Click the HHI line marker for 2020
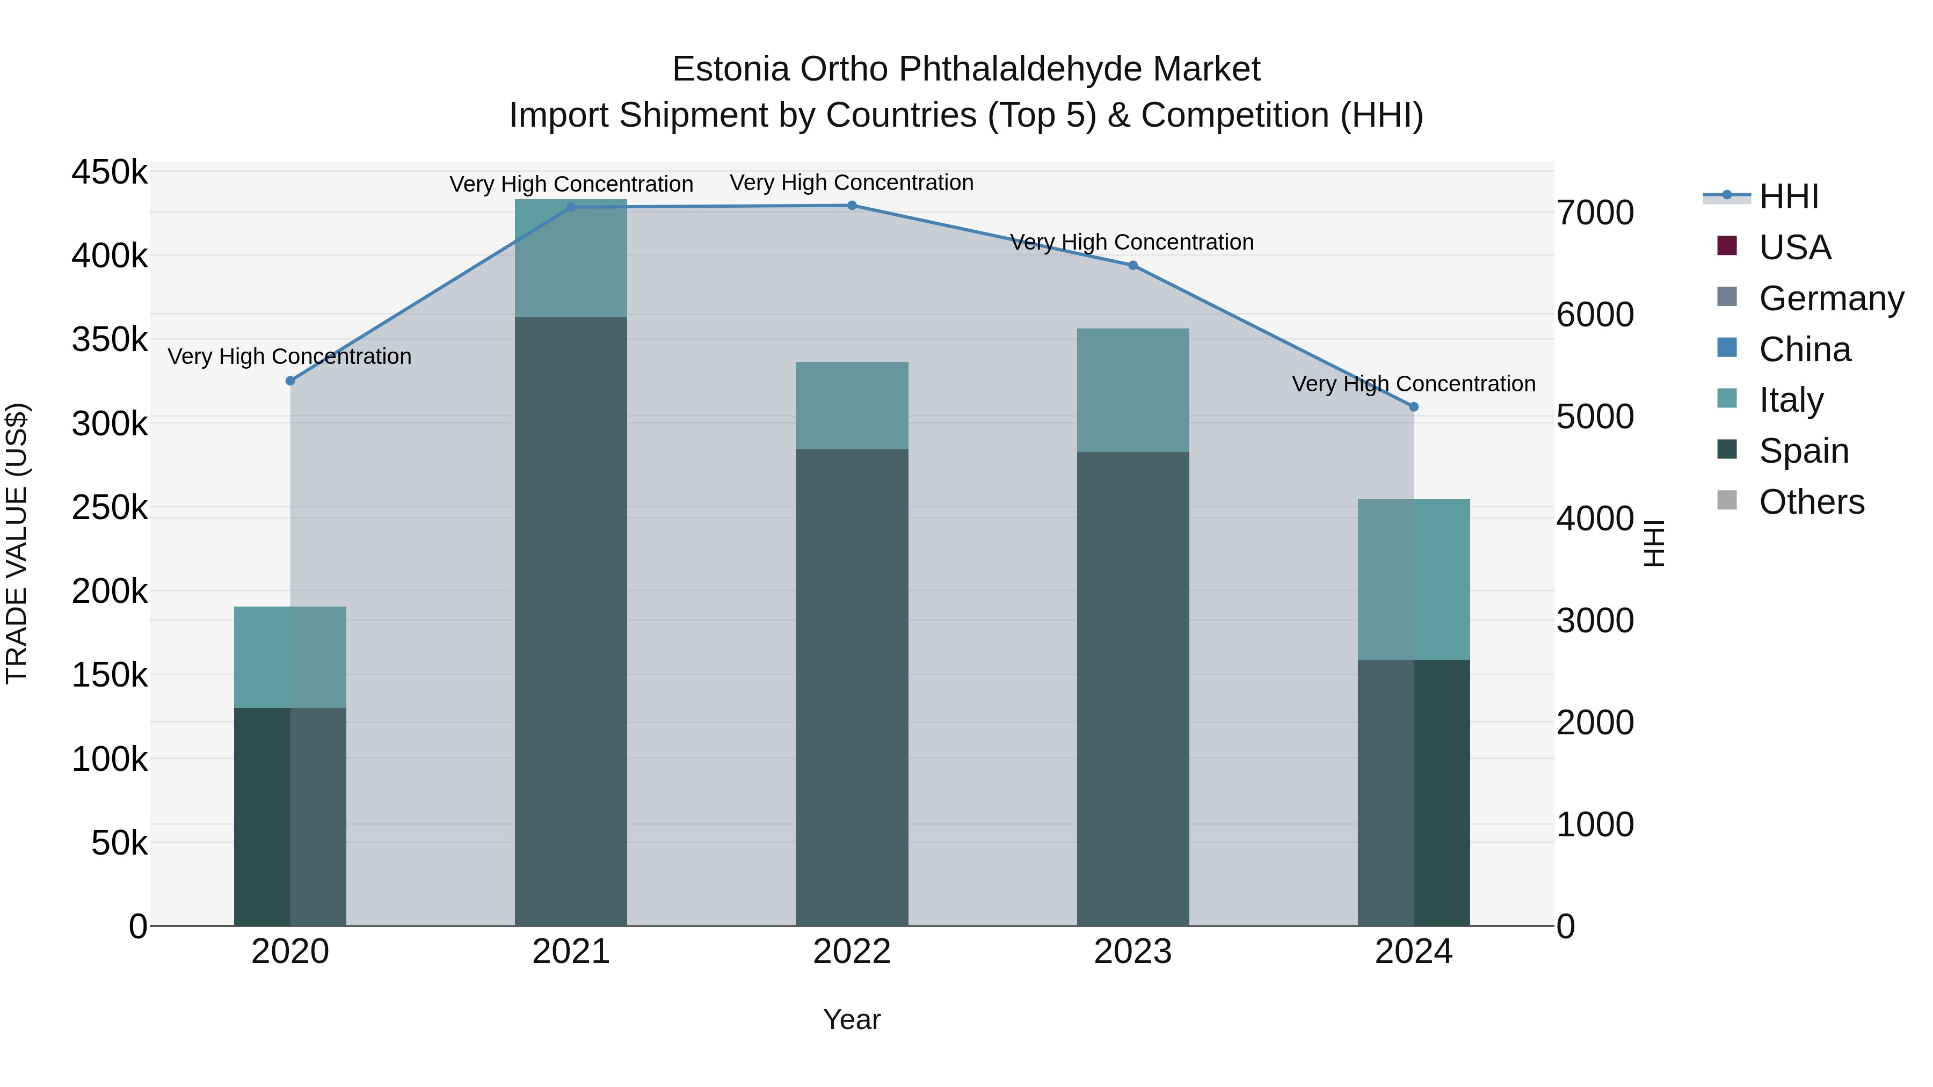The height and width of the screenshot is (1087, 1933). (290, 381)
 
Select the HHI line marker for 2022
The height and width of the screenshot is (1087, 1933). (852, 206)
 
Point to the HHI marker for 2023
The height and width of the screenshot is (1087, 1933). (1133, 266)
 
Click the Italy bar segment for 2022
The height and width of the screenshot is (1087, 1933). (852, 406)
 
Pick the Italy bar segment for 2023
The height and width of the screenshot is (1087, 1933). (1133, 390)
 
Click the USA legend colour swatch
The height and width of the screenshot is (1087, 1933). (1727, 246)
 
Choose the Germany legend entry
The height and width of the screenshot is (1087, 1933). (1831, 298)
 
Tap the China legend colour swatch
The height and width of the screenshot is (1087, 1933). (1727, 348)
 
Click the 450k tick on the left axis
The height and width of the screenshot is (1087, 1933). (110, 172)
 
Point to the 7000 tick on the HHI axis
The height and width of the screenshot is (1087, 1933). (1595, 213)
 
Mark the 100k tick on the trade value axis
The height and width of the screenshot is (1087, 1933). (110, 759)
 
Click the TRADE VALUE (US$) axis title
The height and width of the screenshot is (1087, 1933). (17, 543)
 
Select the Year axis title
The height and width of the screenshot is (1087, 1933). (852, 1019)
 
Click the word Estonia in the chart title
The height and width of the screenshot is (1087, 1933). (730, 69)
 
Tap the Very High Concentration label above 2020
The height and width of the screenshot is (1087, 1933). (289, 356)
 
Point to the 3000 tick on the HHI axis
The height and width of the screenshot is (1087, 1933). (1595, 621)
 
